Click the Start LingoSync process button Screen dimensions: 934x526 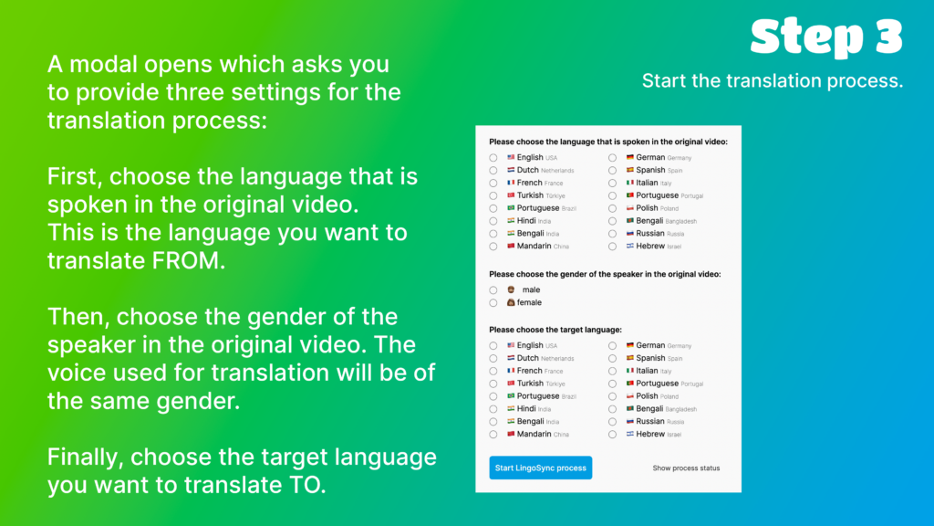(x=540, y=468)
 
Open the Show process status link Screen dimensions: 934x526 (x=686, y=468)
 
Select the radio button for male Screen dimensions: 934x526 (x=493, y=290)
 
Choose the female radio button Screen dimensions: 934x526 (x=493, y=303)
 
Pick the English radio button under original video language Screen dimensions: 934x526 (x=493, y=158)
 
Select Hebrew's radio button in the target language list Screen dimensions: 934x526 (x=612, y=435)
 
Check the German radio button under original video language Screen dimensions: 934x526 (x=612, y=158)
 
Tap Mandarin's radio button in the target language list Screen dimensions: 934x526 (x=493, y=435)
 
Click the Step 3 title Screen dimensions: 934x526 (x=826, y=37)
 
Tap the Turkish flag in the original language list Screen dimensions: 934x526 (x=511, y=195)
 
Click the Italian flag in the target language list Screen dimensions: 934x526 (x=629, y=371)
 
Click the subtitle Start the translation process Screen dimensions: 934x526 (x=773, y=80)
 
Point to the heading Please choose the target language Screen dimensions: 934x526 (x=555, y=330)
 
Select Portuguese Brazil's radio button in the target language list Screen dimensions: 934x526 (x=493, y=396)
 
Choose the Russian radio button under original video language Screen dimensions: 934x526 (x=612, y=234)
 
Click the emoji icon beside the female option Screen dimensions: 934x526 (x=511, y=302)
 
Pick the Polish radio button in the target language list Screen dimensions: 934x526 (x=612, y=396)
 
